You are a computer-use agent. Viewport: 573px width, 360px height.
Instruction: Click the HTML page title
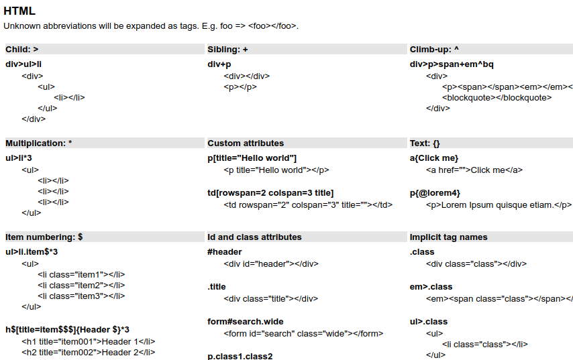pyautogui.click(x=19, y=11)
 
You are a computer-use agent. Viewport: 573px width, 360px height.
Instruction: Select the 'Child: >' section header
pyautogui.click(x=22, y=50)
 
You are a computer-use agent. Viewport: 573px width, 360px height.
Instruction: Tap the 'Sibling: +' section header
pyautogui.click(x=227, y=50)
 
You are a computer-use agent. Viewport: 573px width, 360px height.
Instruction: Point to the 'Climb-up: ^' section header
pyautogui.click(x=434, y=50)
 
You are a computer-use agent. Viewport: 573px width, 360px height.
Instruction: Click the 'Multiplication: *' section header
pyautogui.click(x=39, y=143)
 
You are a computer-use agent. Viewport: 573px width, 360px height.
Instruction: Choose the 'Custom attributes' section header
pyautogui.click(x=246, y=143)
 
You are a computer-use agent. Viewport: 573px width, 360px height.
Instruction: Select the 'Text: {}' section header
pyautogui.click(x=425, y=143)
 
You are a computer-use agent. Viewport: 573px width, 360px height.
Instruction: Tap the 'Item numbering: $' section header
pyautogui.click(x=44, y=237)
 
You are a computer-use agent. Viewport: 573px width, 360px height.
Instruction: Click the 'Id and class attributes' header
pyautogui.click(x=254, y=237)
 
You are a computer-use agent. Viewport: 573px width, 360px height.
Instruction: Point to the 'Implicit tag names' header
pyautogui.click(x=448, y=237)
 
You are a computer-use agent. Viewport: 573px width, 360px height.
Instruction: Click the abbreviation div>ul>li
pyautogui.click(x=23, y=64)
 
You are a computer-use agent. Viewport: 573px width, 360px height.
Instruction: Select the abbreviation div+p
pyautogui.click(x=219, y=64)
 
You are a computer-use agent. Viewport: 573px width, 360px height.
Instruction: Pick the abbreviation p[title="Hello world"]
pyautogui.click(x=252, y=158)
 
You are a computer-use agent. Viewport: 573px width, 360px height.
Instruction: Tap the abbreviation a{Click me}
pyautogui.click(x=434, y=158)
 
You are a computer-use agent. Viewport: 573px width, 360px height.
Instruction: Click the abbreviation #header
pyautogui.click(x=225, y=252)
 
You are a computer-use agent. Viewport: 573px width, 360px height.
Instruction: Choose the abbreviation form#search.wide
pyautogui.click(x=246, y=322)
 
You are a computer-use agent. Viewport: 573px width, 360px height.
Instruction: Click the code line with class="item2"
pyautogui.click(x=81, y=285)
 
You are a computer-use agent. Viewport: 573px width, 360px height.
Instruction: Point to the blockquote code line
pyautogui.click(x=497, y=98)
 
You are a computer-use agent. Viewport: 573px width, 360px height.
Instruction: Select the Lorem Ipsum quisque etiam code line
pyautogui.click(x=499, y=205)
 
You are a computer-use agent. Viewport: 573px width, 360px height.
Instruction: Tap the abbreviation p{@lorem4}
pyautogui.click(x=435, y=193)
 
